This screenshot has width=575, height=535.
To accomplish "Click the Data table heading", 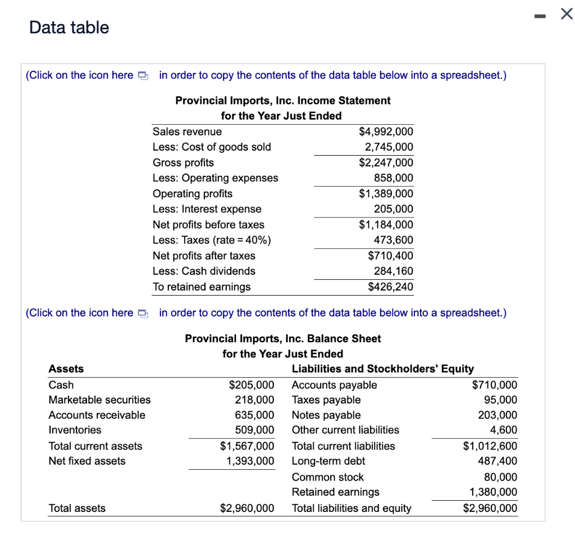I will pos(69,27).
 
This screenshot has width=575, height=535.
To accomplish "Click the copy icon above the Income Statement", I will pos(143,75).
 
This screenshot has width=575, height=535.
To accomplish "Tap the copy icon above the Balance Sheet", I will pos(143,313).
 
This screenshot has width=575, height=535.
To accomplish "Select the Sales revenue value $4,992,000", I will pos(385,132).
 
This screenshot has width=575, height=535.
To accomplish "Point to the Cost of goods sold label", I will pos(212,147).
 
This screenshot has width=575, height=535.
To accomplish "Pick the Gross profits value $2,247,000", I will pos(385,162).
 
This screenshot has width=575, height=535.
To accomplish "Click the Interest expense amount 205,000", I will pos(393,209).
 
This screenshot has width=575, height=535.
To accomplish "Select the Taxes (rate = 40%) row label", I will pos(212,240).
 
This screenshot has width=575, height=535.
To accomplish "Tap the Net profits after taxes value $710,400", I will pos(390,256).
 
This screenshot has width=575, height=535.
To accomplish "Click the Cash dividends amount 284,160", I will pos(393,271).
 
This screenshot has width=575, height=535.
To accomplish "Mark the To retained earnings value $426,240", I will pos(390,287).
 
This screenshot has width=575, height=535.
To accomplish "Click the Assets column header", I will pos(66,369).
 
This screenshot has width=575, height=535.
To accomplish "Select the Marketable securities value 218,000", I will pos(254,400).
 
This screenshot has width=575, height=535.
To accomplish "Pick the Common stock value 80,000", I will pos(500,477).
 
